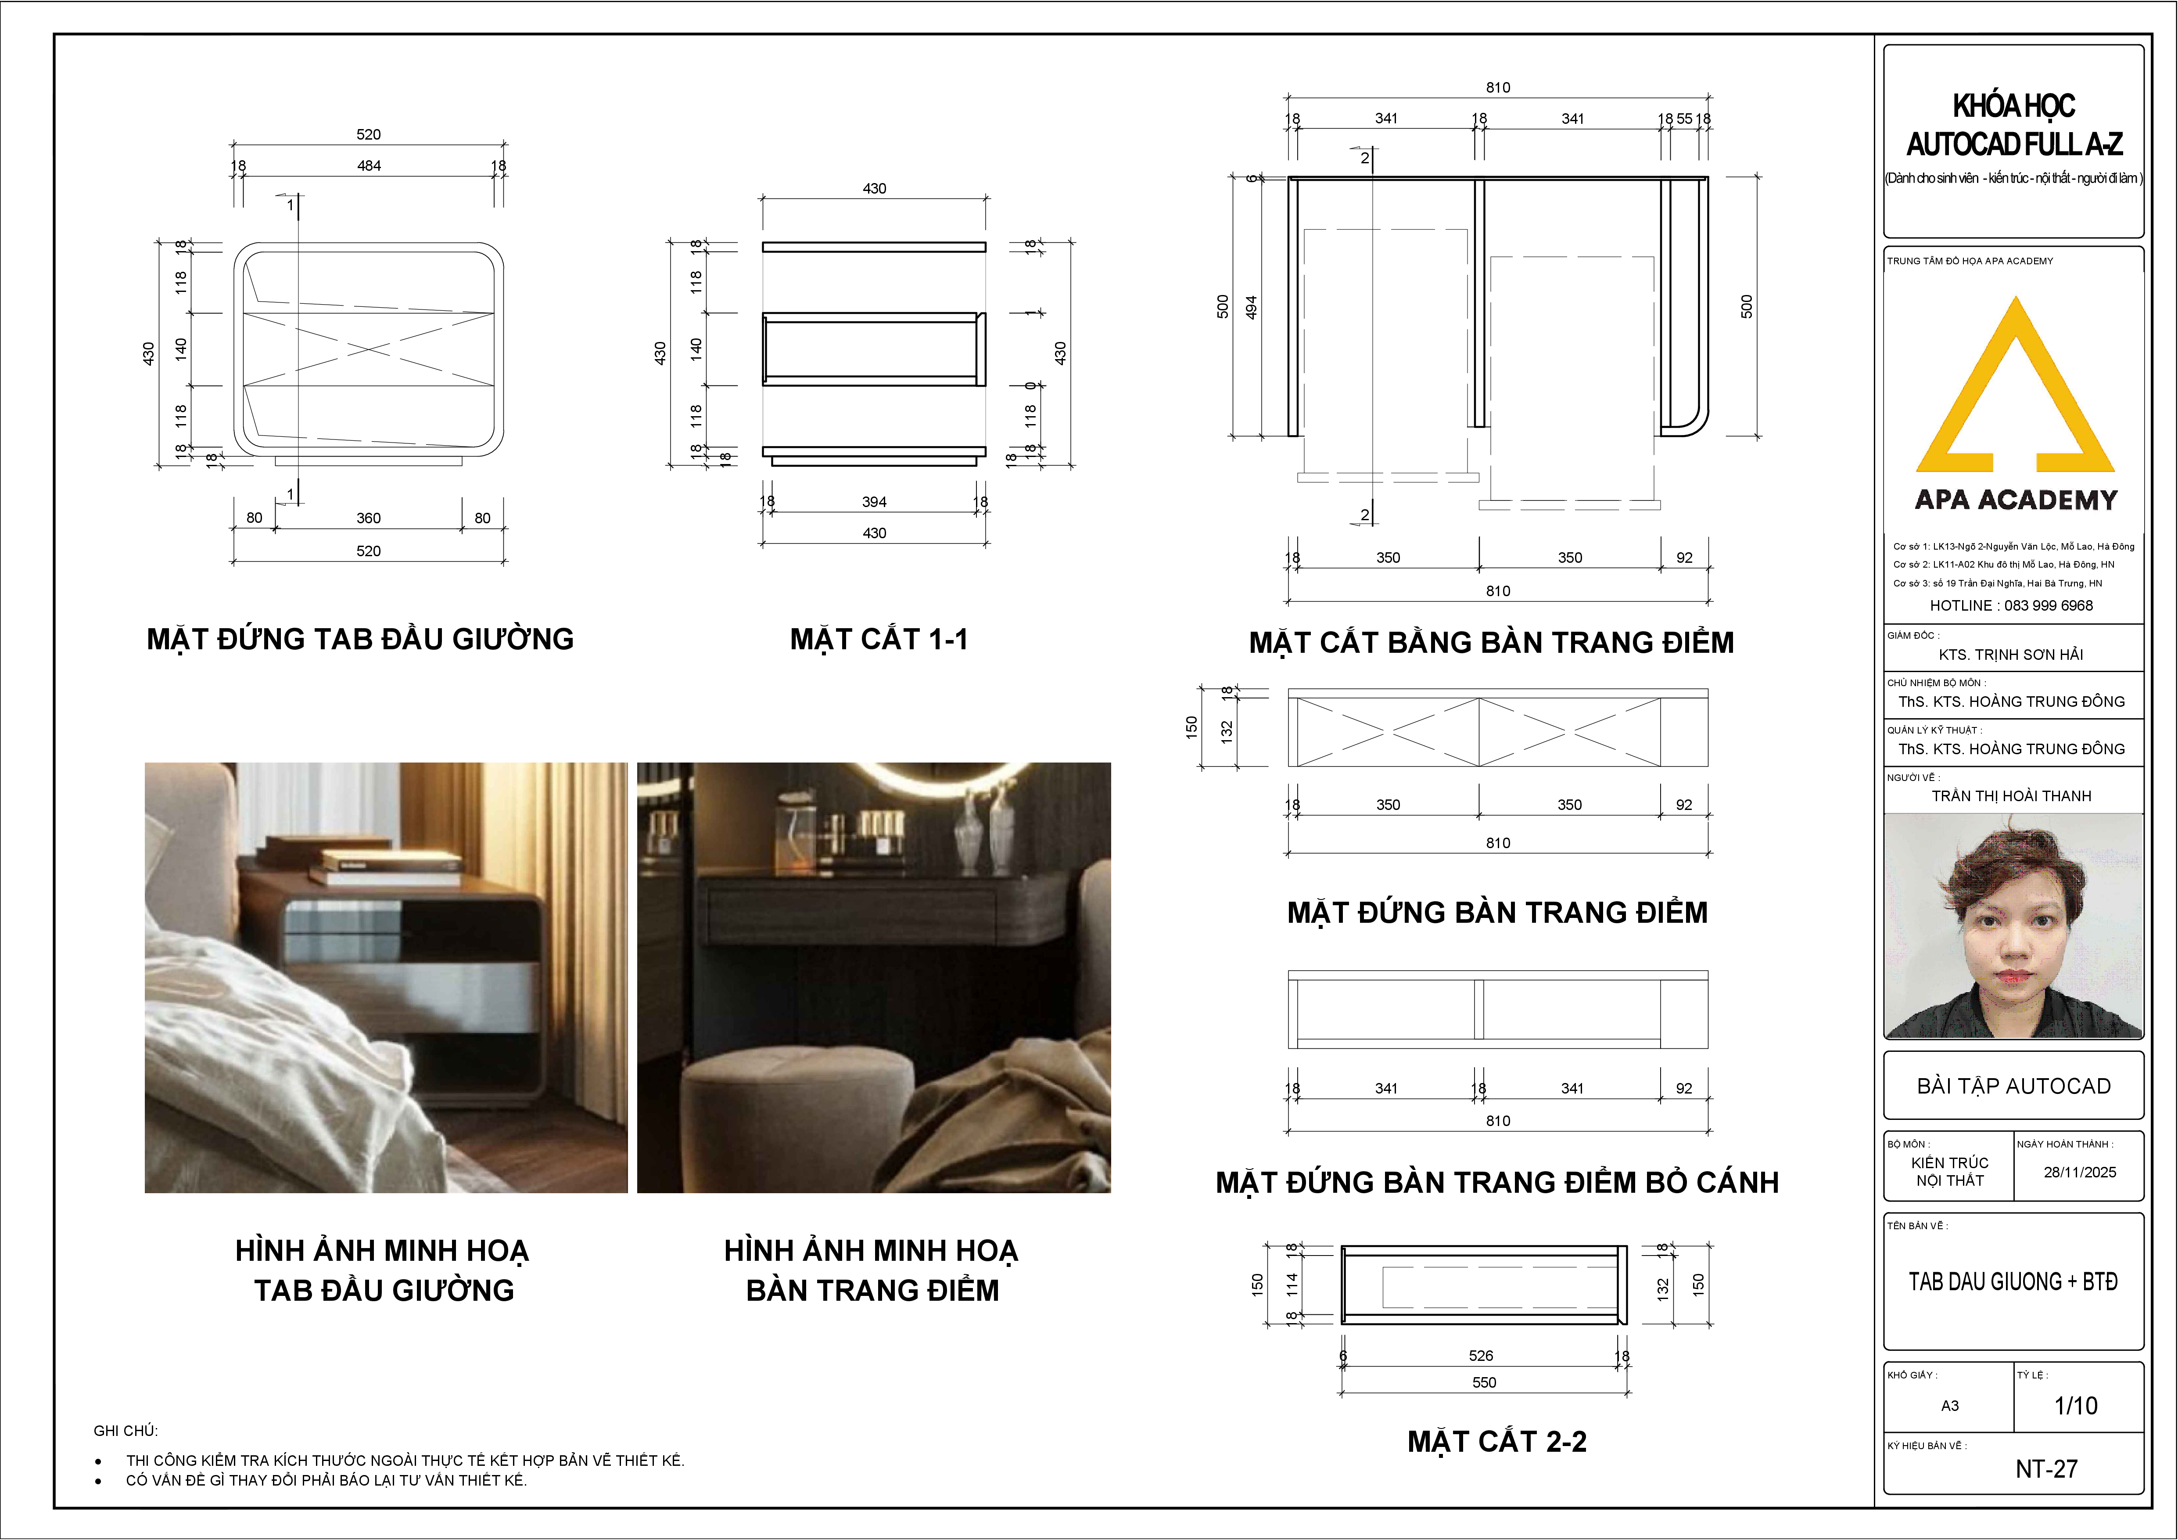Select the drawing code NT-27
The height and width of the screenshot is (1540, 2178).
pyautogui.click(x=2046, y=1469)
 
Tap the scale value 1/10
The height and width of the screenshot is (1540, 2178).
pyautogui.click(x=2076, y=1405)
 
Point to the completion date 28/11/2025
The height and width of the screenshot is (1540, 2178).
pyautogui.click(x=2079, y=1172)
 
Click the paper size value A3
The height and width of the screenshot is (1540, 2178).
pyautogui.click(x=1949, y=1405)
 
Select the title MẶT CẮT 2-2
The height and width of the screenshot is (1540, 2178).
pyautogui.click(x=1497, y=1441)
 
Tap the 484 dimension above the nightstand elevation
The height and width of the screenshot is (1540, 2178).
pyautogui.click(x=369, y=166)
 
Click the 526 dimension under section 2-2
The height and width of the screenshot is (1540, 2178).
pyautogui.click(x=1481, y=1356)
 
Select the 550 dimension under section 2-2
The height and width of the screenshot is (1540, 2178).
pyautogui.click(x=1485, y=1382)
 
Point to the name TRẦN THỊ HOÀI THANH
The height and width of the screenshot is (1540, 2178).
pyautogui.click(x=2011, y=796)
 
